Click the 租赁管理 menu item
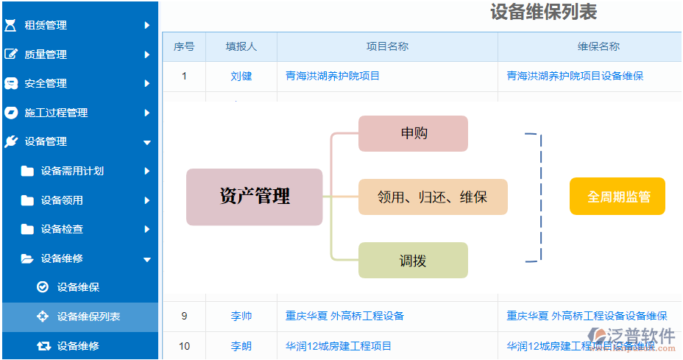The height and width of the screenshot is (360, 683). tap(46, 25)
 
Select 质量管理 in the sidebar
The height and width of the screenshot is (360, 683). tap(46, 54)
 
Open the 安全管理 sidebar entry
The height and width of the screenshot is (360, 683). tap(46, 83)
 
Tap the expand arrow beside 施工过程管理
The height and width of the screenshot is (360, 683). tap(147, 113)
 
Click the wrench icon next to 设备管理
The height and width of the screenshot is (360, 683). tap(11, 141)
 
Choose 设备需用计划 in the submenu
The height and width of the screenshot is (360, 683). tap(72, 171)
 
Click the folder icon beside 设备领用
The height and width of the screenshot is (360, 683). tap(27, 200)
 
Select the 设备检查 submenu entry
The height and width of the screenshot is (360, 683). tap(62, 229)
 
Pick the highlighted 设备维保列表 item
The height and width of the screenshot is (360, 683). tap(88, 317)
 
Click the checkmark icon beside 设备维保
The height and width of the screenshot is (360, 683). tap(43, 287)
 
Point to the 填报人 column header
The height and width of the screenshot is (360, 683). tap(241, 46)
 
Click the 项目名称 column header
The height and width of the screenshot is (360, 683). tap(387, 46)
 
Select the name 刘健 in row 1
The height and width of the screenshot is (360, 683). tap(241, 77)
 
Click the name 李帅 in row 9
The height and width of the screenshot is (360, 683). tap(241, 316)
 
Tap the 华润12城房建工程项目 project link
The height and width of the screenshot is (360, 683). tap(339, 346)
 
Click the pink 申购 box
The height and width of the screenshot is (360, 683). tap(413, 133)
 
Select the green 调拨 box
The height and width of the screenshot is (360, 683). tap(413, 260)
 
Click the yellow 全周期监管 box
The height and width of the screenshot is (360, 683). tap(617, 196)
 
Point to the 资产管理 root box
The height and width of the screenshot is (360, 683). tap(255, 197)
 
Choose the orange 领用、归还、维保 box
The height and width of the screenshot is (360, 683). tap(433, 197)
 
